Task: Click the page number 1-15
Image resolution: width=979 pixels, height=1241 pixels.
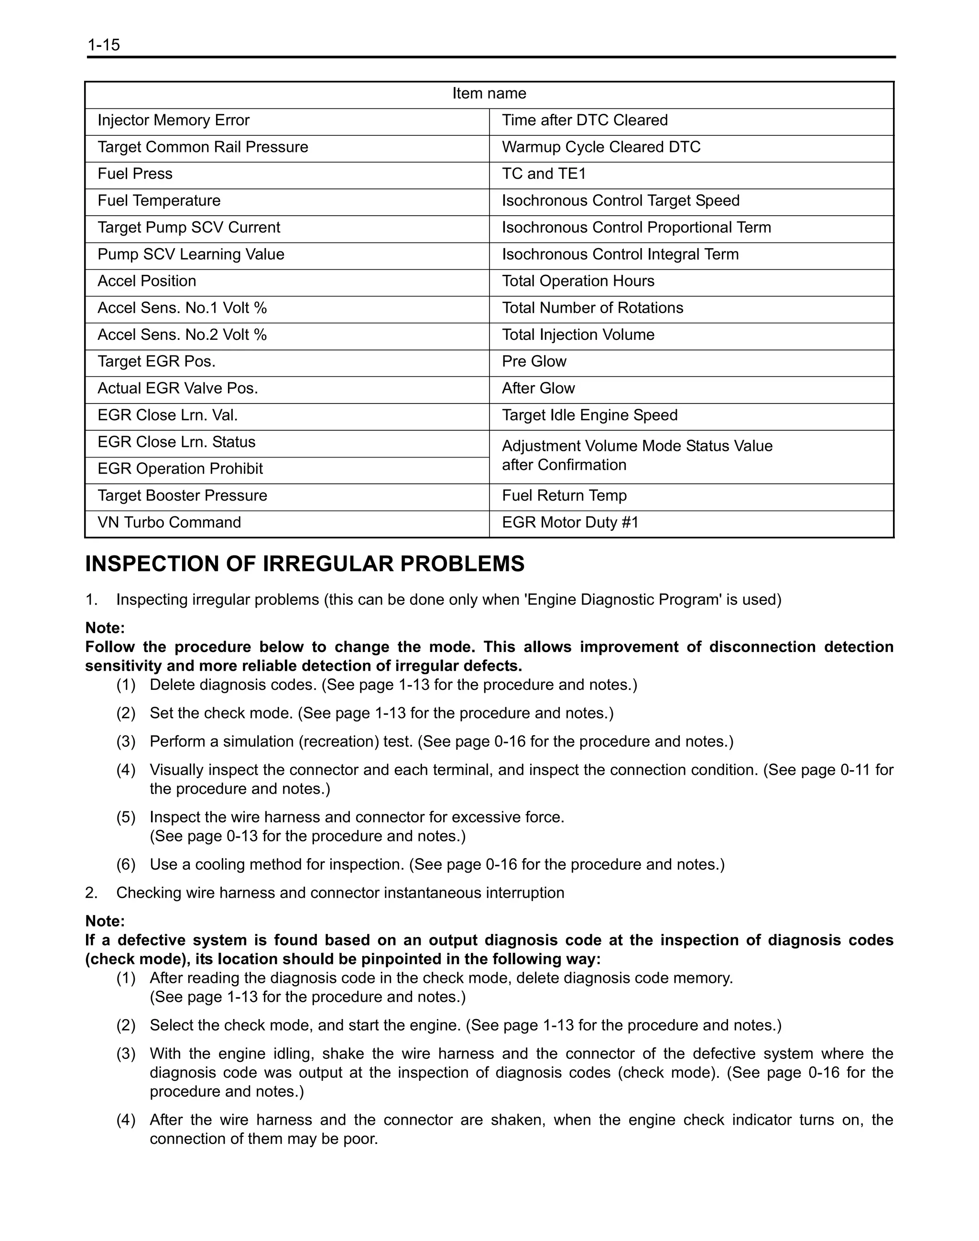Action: pos(104,45)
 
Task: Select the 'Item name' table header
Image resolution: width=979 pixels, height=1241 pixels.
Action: pos(489,93)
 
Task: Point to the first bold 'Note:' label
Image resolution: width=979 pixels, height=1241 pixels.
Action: pos(105,628)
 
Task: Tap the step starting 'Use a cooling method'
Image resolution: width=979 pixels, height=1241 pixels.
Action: pos(437,864)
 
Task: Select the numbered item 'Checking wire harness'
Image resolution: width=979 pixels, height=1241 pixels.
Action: pos(340,893)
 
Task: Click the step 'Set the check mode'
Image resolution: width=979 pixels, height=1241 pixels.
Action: pos(381,713)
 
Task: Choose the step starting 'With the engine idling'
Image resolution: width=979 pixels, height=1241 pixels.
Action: pos(521,1072)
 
